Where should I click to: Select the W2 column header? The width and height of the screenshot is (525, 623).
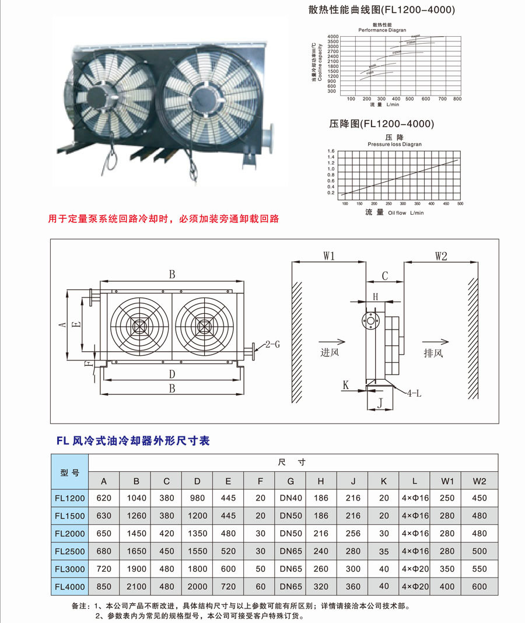coord(480,481)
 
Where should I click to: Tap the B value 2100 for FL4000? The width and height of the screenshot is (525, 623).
coord(136,586)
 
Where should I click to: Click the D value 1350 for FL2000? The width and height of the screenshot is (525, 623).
coord(197,534)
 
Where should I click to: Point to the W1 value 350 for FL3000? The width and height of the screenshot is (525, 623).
coord(447,569)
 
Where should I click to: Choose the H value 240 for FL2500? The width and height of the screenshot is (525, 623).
coord(321,551)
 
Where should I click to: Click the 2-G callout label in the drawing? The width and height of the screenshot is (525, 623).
coord(272,344)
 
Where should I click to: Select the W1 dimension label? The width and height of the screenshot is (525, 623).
coord(329,256)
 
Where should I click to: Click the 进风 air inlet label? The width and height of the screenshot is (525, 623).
coord(329,353)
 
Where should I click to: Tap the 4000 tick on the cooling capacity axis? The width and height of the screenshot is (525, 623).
coord(333,37)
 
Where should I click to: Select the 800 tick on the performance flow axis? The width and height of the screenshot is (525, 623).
coord(457,99)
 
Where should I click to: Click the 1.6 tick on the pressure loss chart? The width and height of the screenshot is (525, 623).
coord(331,150)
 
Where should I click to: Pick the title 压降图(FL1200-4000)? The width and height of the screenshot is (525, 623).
coord(381,124)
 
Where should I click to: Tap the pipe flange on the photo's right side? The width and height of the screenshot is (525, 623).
coord(269,135)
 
